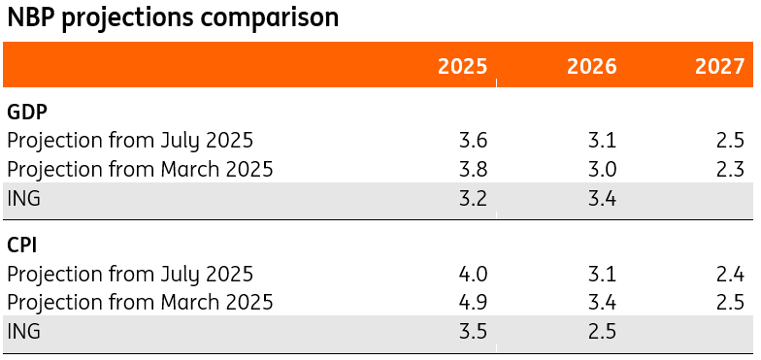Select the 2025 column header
(x=462, y=66)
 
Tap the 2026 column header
(x=591, y=66)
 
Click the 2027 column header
(x=720, y=66)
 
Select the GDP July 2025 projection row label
(x=130, y=140)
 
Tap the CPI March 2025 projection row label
(x=140, y=302)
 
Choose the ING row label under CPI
(x=24, y=332)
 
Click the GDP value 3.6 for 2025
(x=473, y=140)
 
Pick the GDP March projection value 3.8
(x=473, y=170)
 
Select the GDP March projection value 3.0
(x=602, y=170)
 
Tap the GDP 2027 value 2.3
(x=731, y=170)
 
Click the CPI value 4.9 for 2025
(x=473, y=302)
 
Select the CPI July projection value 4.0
(x=473, y=273)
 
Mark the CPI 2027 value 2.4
(x=731, y=273)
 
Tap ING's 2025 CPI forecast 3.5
(x=473, y=332)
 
